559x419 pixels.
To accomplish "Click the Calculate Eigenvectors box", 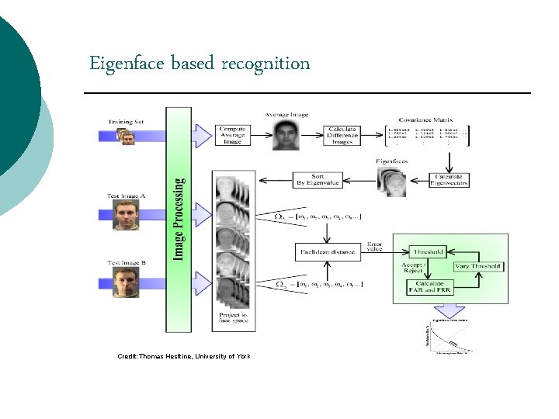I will [450, 180].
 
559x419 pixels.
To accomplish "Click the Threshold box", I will [428, 251].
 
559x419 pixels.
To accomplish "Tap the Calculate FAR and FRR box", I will [428, 287].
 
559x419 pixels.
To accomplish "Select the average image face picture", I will [286, 137].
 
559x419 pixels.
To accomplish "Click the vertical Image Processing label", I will [179, 219].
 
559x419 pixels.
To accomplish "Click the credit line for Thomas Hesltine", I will [184, 355].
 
